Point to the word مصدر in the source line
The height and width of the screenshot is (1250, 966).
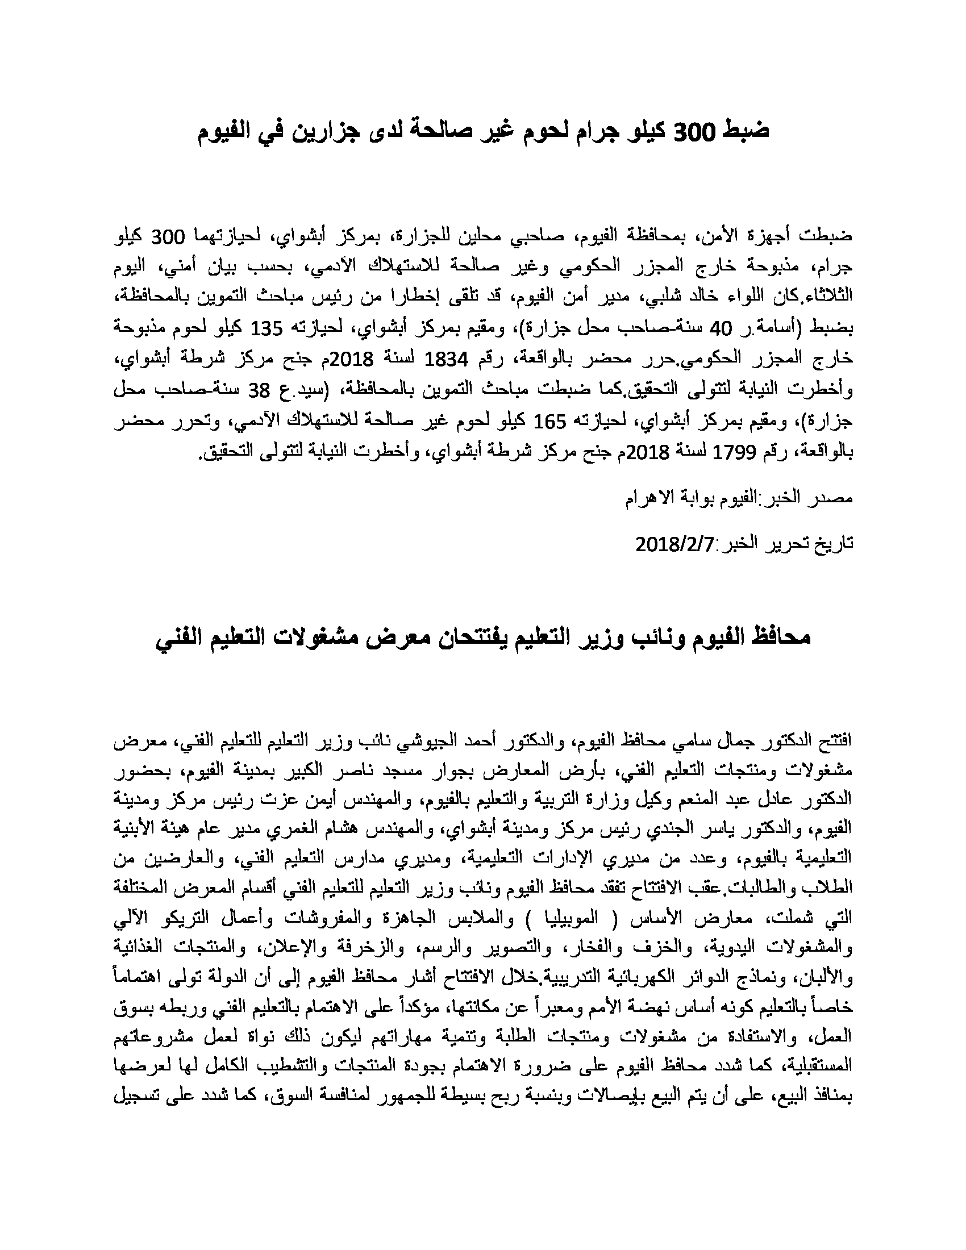click(x=835, y=498)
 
